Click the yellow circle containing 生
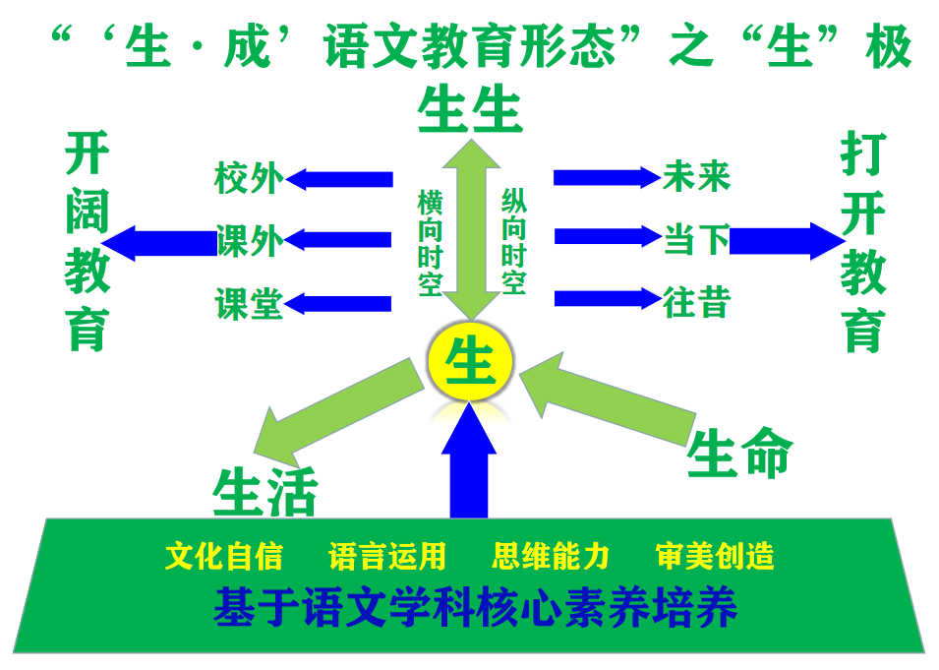[470, 361]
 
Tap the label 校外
[248, 177]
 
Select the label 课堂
[249, 303]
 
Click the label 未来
[696, 176]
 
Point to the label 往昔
[696, 301]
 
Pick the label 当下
[696, 240]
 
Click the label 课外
[250, 241]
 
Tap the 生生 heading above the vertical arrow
[471, 109]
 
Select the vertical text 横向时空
[430, 243]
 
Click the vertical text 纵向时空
[514, 241]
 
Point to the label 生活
[265, 492]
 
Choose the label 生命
[740, 453]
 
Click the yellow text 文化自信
[224, 556]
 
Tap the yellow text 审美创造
[715, 556]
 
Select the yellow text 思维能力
[551, 556]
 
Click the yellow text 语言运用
[387, 556]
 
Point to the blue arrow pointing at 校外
[339, 179]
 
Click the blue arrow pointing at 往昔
[609, 298]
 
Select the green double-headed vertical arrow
[471, 229]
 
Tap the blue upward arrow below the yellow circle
[469, 459]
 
